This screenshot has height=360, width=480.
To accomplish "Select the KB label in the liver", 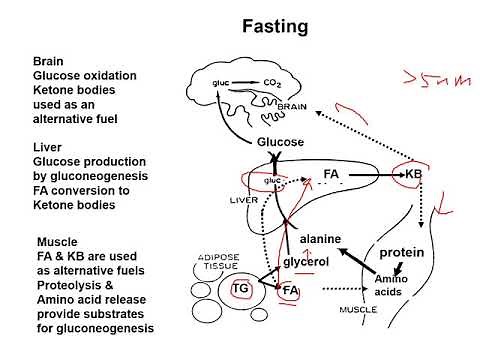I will (414, 173).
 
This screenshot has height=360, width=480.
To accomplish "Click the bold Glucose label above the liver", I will (280, 142).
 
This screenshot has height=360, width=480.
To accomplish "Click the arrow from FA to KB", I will (375, 174).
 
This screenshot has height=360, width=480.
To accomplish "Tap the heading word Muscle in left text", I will (57, 243).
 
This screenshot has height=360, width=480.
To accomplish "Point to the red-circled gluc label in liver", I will (271, 181).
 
